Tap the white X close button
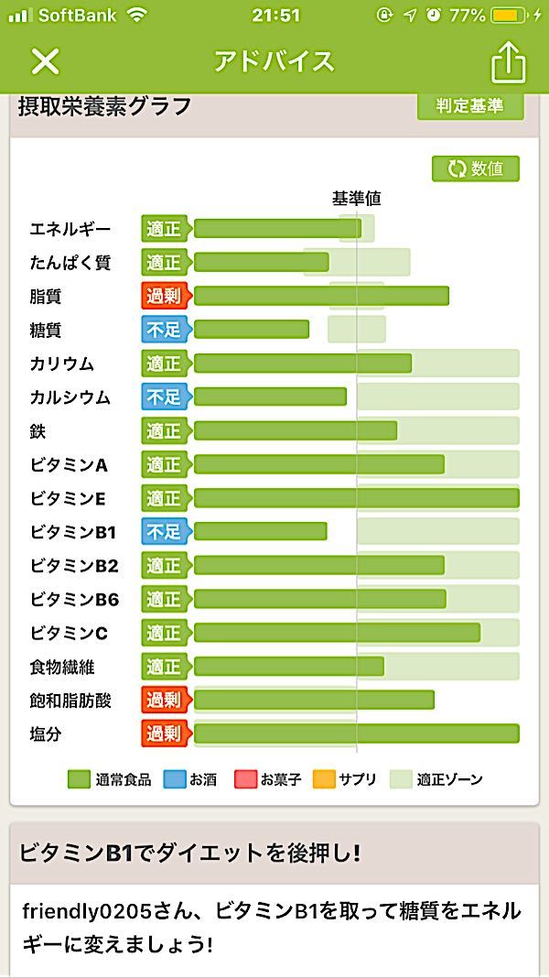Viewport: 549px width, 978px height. tap(45, 61)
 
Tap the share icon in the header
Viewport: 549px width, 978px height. tap(509, 62)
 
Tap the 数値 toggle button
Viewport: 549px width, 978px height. tap(476, 169)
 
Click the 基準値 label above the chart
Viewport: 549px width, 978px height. tap(356, 199)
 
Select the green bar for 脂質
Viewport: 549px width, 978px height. tap(321, 296)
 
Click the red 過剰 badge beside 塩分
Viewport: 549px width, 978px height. tap(165, 734)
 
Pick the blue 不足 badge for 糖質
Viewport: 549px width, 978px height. tap(165, 330)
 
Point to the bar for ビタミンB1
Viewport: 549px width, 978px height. tap(261, 532)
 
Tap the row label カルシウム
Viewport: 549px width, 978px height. tap(70, 397)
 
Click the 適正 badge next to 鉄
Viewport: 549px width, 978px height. tap(165, 431)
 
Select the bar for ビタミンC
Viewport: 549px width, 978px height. tap(337, 633)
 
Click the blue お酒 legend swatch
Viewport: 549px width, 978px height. tap(174, 779)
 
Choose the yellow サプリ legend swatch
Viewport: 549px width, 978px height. tap(324, 779)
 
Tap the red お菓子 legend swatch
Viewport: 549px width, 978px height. tap(245, 779)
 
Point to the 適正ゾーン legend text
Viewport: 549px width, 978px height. tap(449, 780)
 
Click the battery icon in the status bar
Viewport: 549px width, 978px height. tap(508, 16)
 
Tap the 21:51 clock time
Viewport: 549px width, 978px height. tap(274, 16)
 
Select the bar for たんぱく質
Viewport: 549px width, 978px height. tap(262, 263)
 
